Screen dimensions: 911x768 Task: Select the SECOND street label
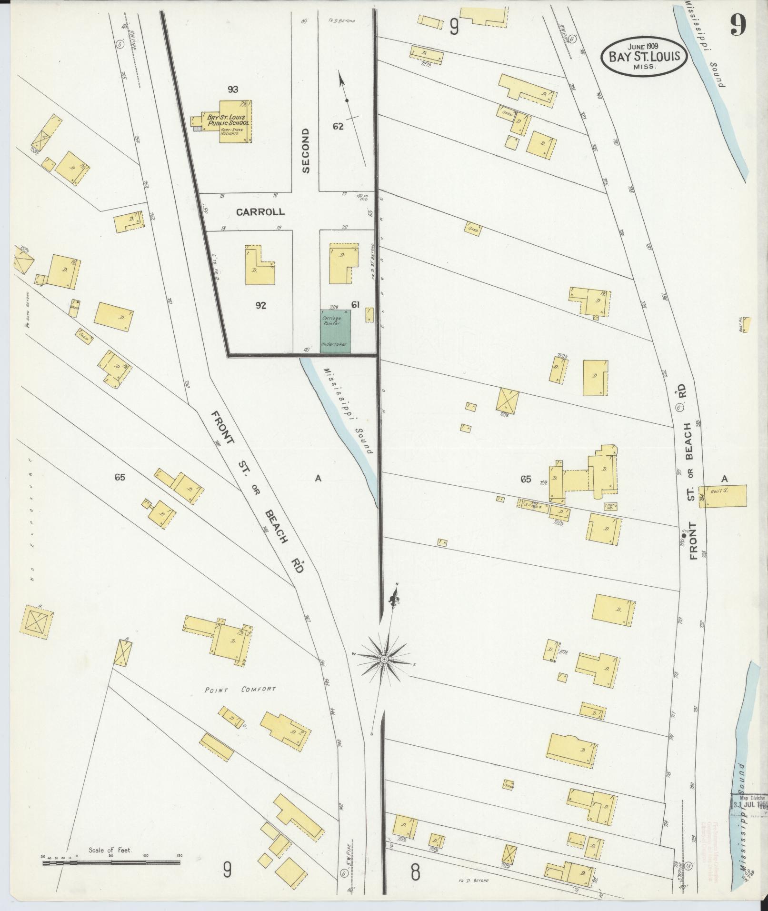(306, 150)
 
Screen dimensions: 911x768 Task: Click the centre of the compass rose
(384, 659)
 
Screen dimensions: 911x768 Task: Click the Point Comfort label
(240, 689)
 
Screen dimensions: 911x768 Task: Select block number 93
(233, 89)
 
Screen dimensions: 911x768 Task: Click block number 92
(260, 306)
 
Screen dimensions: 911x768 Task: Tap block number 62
(339, 127)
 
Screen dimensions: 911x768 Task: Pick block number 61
(355, 305)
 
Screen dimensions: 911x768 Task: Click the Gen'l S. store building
(722, 496)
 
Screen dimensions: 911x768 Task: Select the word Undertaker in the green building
(335, 344)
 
